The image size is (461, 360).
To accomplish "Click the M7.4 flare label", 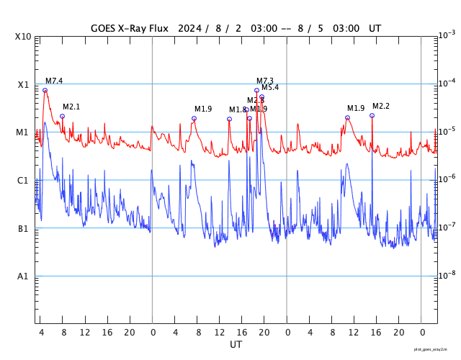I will click(54, 81).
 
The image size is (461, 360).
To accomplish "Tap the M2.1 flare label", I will click(71, 107).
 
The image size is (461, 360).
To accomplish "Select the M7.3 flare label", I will click(265, 81).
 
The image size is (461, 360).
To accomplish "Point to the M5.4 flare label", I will click(270, 88).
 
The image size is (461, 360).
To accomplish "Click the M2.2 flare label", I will click(381, 107).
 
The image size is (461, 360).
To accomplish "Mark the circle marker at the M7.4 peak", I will click(45, 90).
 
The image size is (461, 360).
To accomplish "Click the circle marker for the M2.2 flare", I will click(372, 115).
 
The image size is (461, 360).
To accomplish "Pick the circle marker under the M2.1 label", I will click(62, 116).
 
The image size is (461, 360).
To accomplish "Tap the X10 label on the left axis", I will click(22, 37).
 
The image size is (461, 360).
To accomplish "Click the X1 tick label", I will click(23, 85).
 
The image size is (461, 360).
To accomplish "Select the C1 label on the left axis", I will click(23, 181).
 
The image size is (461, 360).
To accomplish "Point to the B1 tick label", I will click(23, 229).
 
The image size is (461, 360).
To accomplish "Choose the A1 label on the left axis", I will click(23, 276).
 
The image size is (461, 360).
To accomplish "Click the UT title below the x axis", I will click(236, 345).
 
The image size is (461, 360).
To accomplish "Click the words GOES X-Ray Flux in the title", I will click(129, 29).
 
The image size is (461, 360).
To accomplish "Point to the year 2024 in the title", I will click(189, 29).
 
